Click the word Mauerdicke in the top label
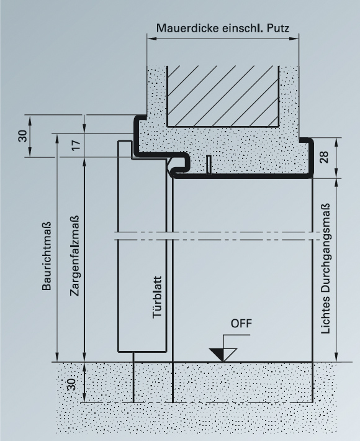188,28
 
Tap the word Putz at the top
278,28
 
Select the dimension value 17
76,145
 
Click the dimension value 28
324,157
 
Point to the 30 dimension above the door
23,136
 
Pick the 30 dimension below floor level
71,384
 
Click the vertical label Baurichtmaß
47,256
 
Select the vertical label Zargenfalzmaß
74,256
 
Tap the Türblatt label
158,298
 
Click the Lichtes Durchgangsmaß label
325,268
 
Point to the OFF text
241,324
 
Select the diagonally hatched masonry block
223,96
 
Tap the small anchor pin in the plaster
209,165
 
